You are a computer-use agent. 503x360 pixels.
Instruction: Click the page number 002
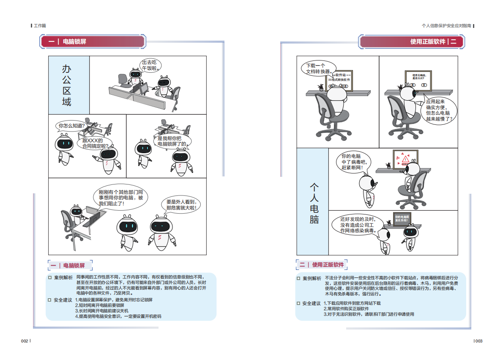(x=25, y=341)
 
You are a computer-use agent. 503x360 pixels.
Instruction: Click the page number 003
(x=478, y=341)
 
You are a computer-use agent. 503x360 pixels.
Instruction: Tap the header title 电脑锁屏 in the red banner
(x=74, y=41)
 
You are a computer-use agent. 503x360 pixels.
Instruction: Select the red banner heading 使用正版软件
(x=427, y=41)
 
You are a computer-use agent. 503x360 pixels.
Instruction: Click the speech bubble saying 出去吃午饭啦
(x=151, y=65)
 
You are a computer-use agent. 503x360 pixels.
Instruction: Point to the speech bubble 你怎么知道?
(x=71, y=126)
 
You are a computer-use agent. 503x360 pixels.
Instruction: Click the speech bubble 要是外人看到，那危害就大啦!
(x=181, y=205)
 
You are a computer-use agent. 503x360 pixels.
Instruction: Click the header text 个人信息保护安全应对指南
(x=446, y=26)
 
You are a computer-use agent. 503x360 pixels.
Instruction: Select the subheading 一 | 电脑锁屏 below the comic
(x=68, y=266)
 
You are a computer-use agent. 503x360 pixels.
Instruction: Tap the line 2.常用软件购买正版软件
(x=346, y=309)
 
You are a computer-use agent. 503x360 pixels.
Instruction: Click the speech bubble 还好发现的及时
(x=358, y=225)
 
